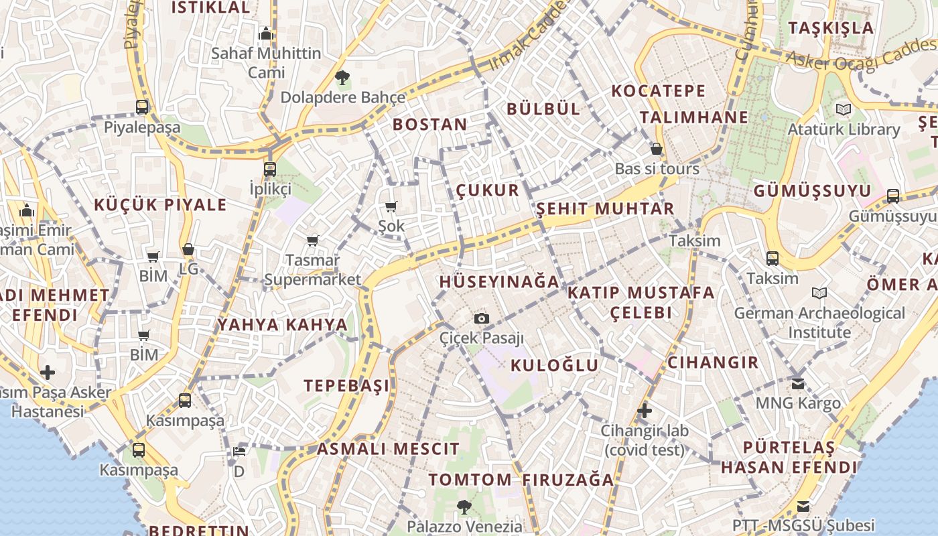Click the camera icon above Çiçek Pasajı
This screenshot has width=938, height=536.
click(481, 318)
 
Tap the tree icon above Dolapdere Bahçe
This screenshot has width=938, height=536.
click(342, 78)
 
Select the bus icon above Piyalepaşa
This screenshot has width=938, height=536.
click(141, 107)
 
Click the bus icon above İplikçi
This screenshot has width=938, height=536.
click(270, 169)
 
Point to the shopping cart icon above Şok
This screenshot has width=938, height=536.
click(391, 206)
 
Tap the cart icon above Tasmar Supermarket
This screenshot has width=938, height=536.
click(312, 240)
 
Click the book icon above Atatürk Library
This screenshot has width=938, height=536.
click(843, 109)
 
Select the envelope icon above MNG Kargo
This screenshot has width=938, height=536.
click(797, 384)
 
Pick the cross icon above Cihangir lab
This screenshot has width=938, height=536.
click(645, 411)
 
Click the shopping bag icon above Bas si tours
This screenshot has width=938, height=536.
click(657, 149)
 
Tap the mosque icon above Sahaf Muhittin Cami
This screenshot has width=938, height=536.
click(266, 33)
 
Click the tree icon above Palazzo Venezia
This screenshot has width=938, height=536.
click(464, 507)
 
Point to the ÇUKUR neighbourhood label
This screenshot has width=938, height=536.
click(488, 190)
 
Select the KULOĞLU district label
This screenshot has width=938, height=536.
click(554, 365)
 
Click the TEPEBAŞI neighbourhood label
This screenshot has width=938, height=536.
click(346, 385)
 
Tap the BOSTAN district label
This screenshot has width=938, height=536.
click(429, 124)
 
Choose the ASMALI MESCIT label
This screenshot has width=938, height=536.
click(388, 449)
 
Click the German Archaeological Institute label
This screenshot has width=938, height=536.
click(819, 322)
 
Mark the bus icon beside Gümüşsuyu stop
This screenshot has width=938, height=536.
click(893, 196)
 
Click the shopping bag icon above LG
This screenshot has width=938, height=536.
click(188, 249)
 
